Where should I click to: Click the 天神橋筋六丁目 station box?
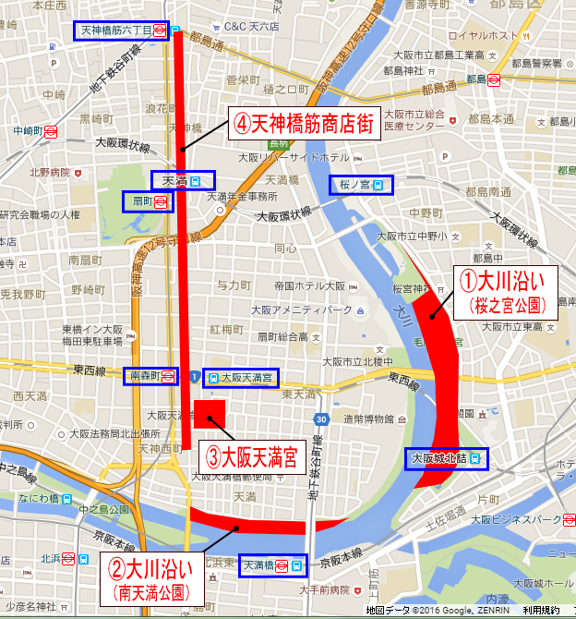pos(123,30)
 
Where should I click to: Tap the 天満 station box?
pos(183,180)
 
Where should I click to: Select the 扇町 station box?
pos(148,200)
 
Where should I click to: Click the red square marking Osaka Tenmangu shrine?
pos(210,413)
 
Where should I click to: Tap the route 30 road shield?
pos(318,421)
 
